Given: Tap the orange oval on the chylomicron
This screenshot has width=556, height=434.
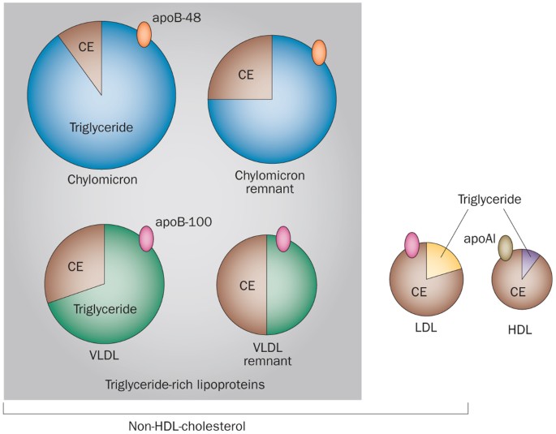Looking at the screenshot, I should click(x=144, y=34).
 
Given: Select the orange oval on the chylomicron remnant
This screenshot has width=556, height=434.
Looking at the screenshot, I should click(x=319, y=53).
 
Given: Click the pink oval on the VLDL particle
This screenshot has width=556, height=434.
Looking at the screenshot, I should click(x=147, y=238).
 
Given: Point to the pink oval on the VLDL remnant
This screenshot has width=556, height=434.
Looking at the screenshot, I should click(x=282, y=239).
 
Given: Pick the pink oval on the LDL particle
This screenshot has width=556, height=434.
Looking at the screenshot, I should click(x=412, y=244).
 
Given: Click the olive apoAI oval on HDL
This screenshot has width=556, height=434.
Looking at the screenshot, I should click(x=506, y=248).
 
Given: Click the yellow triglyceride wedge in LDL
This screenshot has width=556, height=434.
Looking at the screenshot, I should click(x=442, y=260).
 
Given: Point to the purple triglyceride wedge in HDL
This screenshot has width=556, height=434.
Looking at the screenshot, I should click(x=530, y=261).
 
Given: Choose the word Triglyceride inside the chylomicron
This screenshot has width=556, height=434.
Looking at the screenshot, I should click(x=101, y=127).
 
